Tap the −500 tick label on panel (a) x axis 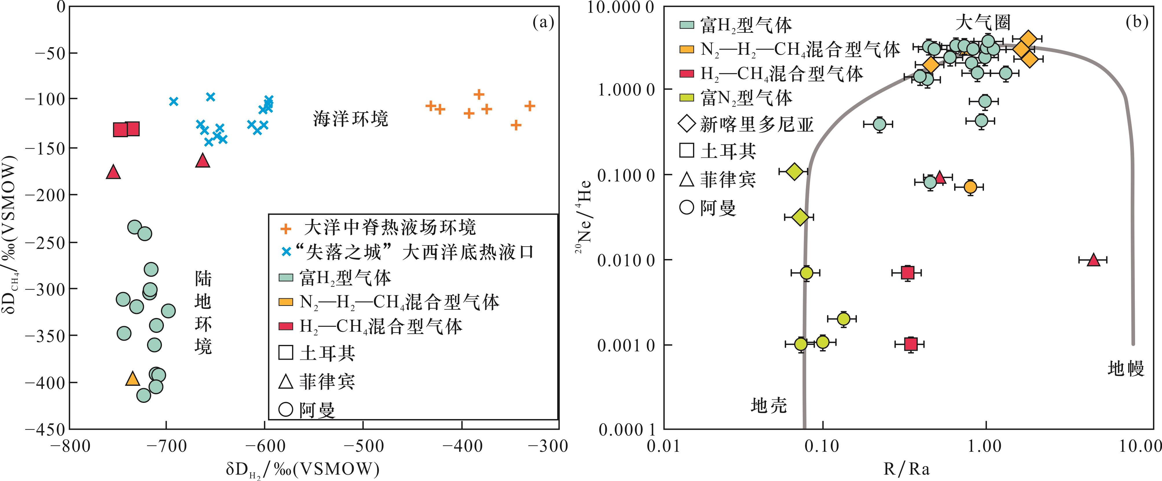pos(363,446)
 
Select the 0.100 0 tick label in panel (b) pos(625,175)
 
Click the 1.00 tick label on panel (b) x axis pos(986,446)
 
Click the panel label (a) pos(543,22)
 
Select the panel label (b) pos(1136,22)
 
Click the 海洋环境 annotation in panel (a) pos(351,119)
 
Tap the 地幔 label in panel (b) pos(1126,368)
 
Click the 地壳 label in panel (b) pos(769,405)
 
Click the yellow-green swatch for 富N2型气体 pos(687,98)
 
